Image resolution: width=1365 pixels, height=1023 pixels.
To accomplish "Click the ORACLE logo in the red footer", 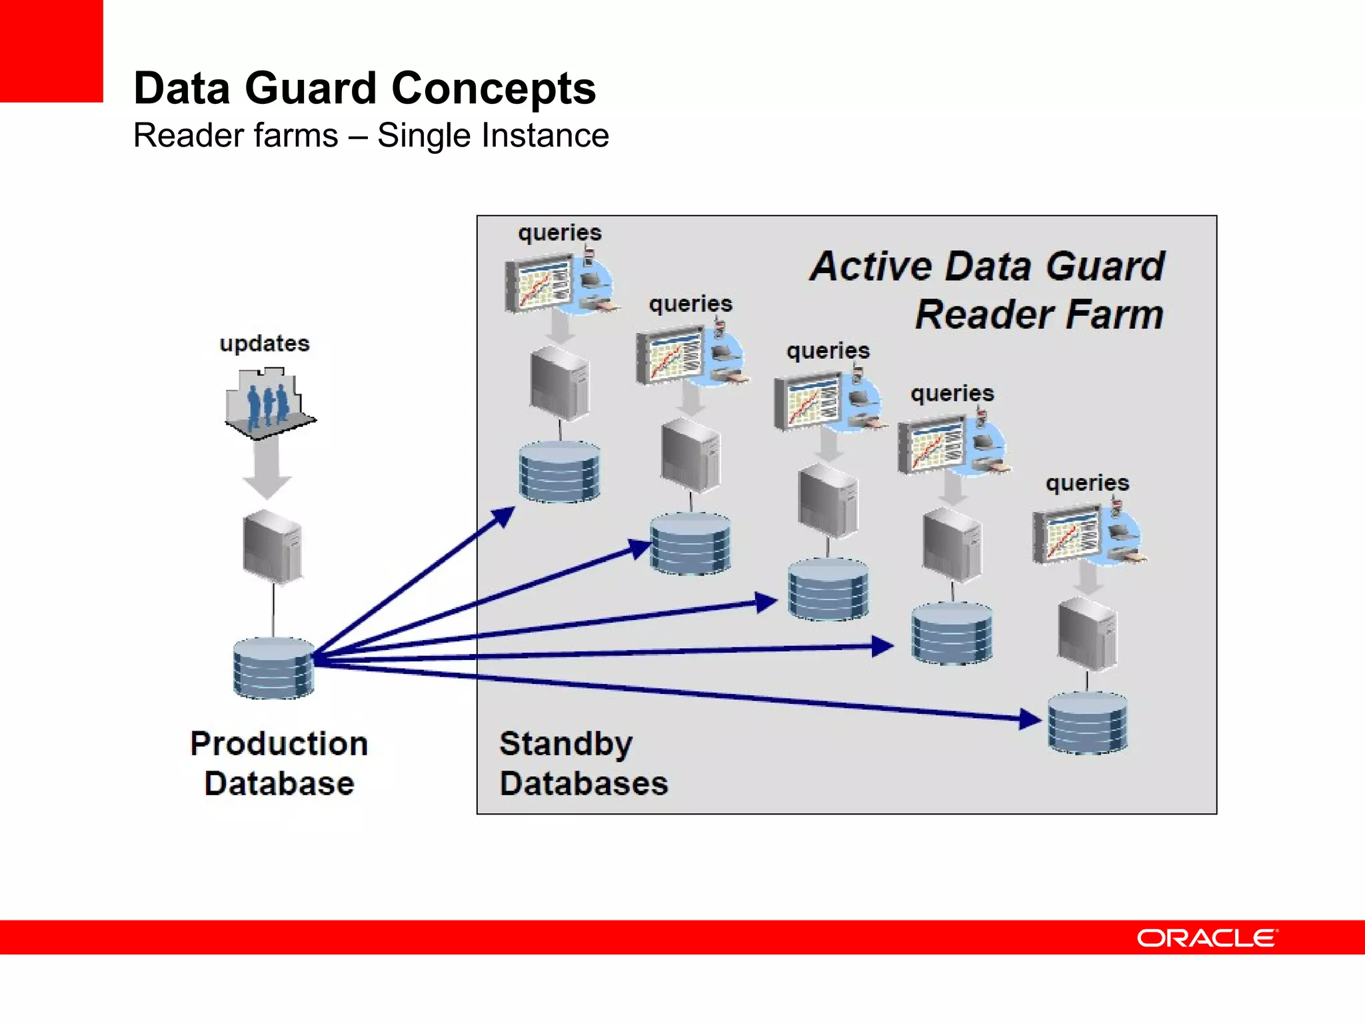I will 1207,938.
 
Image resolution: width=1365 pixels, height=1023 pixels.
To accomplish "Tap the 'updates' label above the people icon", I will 265,343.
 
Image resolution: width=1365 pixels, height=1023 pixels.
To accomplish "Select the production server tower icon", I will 273,546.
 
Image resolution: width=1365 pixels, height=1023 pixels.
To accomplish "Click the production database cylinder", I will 273,668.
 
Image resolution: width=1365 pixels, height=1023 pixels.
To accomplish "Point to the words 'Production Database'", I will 279,763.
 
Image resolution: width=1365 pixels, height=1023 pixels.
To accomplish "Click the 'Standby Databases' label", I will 583,763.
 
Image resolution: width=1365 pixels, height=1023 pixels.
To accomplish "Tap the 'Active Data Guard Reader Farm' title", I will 987,290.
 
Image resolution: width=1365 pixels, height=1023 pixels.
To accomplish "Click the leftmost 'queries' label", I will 560,232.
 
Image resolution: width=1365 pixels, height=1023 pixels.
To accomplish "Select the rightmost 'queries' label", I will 1087,482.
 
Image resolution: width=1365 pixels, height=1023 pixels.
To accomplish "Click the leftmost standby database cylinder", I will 559,472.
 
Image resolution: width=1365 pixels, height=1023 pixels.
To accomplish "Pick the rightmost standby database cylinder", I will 1087,723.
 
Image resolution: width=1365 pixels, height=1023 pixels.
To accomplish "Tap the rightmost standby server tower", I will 1087,633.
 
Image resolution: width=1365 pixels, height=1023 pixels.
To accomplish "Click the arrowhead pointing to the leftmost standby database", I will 503,516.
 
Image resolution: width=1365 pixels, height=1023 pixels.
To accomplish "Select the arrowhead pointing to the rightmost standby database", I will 1029,719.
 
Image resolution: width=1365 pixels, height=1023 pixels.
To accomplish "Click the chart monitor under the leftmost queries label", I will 537,284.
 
